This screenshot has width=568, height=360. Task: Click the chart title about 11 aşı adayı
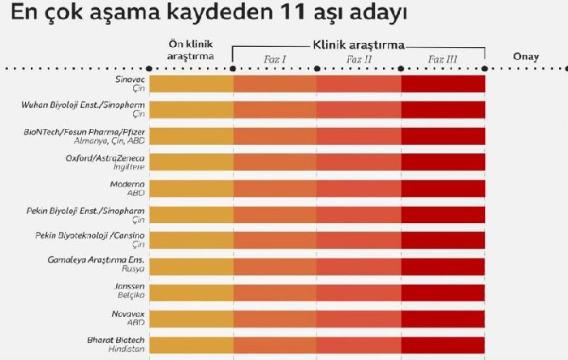click(x=204, y=15)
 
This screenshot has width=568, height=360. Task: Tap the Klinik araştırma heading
click(x=359, y=46)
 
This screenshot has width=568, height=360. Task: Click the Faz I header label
click(x=275, y=59)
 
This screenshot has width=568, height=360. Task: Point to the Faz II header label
click(x=359, y=59)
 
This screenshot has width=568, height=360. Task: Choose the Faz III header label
click(x=443, y=59)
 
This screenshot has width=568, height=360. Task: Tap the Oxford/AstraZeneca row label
click(x=105, y=162)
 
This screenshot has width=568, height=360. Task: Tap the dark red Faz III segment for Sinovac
click(x=443, y=84)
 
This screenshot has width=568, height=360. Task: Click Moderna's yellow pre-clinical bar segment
click(x=191, y=188)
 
